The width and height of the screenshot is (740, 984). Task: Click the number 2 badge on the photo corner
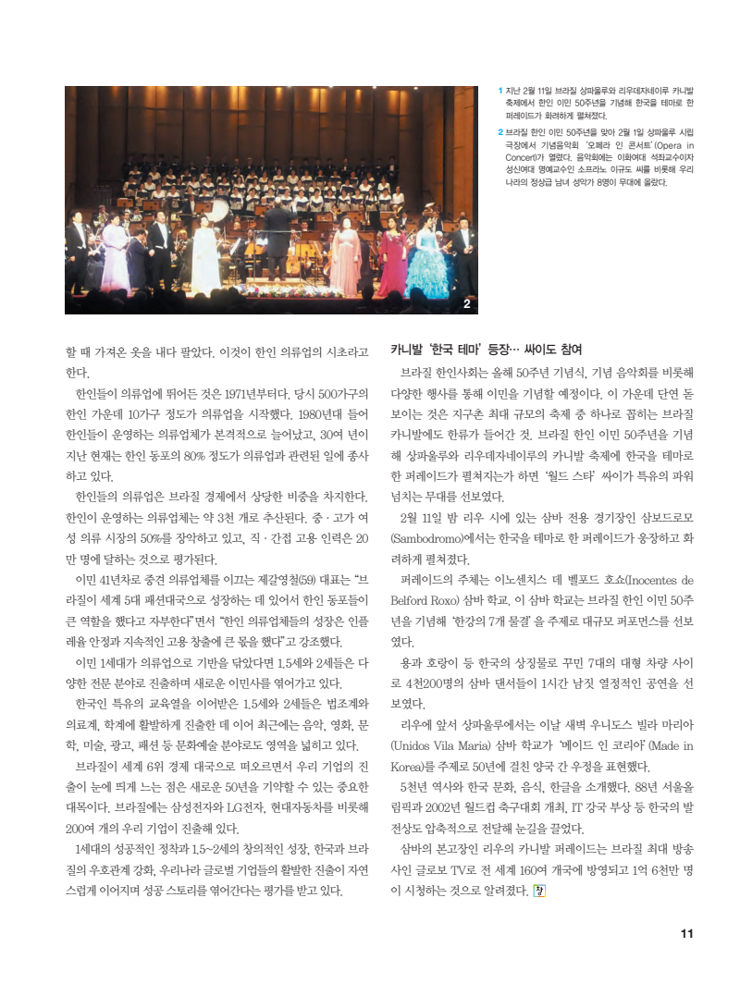coord(466,303)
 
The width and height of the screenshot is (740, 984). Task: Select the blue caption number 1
coord(499,91)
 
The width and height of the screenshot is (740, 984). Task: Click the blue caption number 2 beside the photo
coord(499,132)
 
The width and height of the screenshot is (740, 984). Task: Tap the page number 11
coord(686,932)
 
